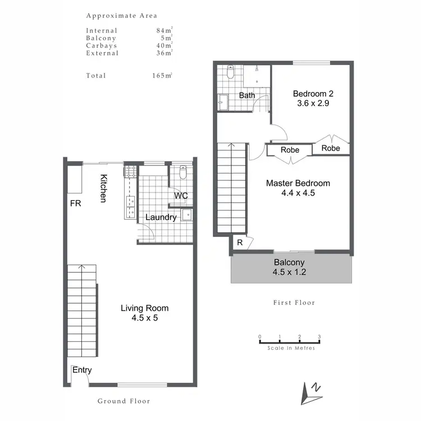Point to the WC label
[180, 196]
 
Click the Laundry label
[161, 217]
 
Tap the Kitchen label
[104, 189]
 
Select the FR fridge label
[75, 204]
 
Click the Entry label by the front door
[82, 370]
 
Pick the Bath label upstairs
[247, 95]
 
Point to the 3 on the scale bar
[319, 337]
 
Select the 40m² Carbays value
[164, 45]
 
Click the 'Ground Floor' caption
[123, 401]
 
